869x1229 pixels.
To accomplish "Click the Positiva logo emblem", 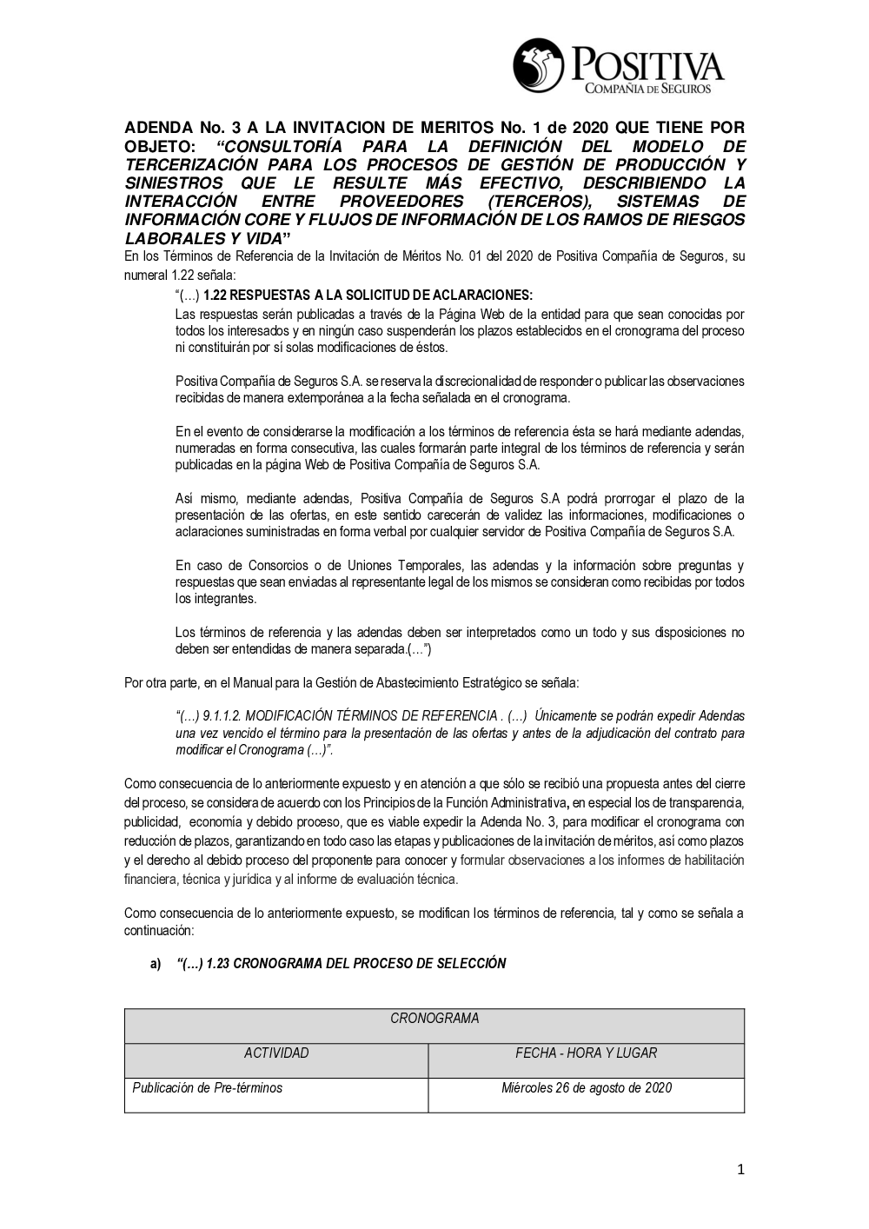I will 539,66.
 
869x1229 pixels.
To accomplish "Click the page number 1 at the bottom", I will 740,1170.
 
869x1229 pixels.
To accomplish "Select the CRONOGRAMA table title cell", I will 434,1019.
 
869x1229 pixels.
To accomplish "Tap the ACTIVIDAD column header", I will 276,1053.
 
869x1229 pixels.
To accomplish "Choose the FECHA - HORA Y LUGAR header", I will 587,1053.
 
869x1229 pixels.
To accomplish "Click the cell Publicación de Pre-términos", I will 208,1088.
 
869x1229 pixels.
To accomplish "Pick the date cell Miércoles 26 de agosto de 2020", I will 587,1088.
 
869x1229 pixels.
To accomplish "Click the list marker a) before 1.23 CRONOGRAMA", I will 156,964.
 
